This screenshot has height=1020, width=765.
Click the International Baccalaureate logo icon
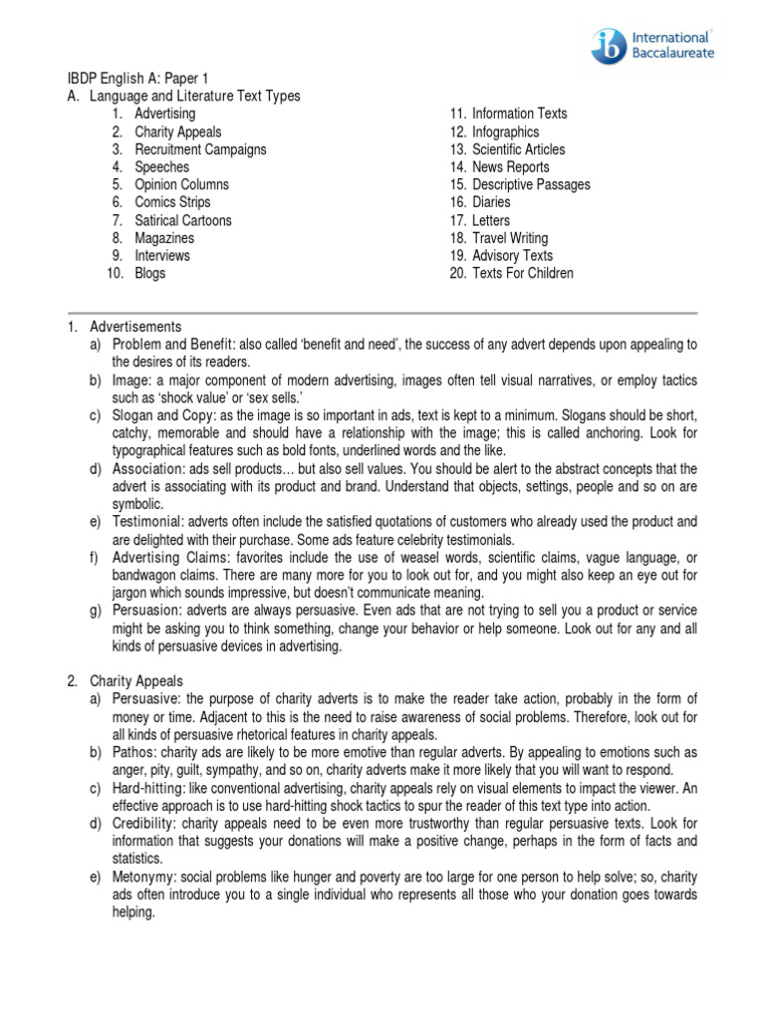(x=610, y=46)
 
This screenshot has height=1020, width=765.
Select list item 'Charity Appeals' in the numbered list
(x=178, y=131)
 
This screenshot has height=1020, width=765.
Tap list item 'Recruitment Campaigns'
(x=200, y=149)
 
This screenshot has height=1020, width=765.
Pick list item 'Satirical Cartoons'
(x=183, y=220)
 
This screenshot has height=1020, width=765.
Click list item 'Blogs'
(x=150, y=273)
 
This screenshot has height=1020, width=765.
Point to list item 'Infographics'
(x=505, y=131)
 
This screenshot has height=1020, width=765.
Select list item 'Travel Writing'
(x=510, y=238)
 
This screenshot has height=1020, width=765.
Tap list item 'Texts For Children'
(x=523, y=273)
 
